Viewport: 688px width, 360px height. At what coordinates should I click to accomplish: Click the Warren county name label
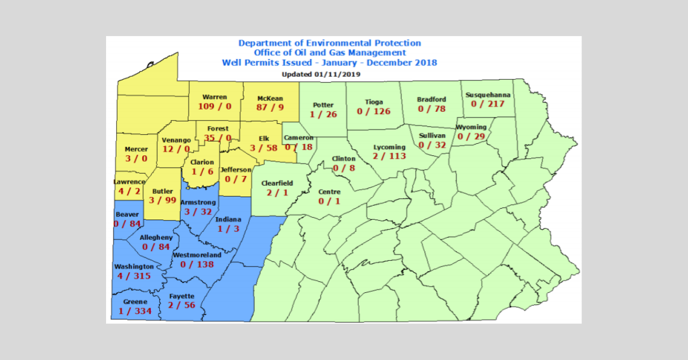(x=214, y=97)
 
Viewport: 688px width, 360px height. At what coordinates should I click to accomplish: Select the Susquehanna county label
(x=485, y=94)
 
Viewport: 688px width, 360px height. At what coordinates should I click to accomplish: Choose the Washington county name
(x=134, y=267)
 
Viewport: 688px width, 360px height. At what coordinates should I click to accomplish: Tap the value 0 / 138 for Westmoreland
(x=197, y=264)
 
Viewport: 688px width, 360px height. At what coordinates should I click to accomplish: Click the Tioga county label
(x=374, y=102)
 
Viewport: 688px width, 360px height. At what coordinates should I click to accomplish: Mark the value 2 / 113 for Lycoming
(x=389, y=156)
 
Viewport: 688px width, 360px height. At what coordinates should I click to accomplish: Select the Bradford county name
(x=431, y=99)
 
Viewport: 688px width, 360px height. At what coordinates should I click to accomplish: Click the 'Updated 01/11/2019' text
(x=320, y=74)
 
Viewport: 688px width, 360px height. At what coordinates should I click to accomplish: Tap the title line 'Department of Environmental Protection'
(x=330, y=43)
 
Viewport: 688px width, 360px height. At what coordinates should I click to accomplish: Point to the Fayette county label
(x=182, y=296)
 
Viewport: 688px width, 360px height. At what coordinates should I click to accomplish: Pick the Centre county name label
(x=330, y=191)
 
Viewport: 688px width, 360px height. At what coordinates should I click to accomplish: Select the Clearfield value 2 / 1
(x=277, y=193)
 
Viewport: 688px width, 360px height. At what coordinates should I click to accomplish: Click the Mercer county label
(x=136, y=150)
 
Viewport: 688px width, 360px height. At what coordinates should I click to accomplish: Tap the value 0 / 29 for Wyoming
(x=472, y=136)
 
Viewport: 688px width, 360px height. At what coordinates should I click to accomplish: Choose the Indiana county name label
(x=228, y=219)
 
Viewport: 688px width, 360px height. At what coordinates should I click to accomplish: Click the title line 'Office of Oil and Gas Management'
(x=330, y=53)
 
